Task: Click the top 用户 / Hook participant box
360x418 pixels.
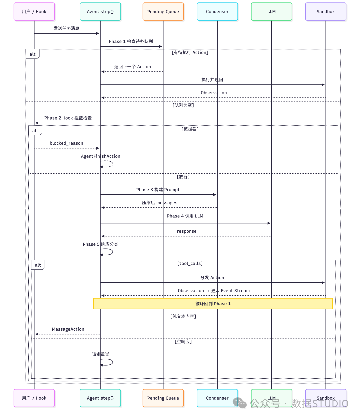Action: point(34,12)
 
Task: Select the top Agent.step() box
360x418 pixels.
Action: point(100,12)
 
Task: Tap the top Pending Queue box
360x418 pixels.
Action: point(163,12)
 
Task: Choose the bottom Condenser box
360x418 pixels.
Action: point(217,398)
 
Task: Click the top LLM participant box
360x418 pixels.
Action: point(271,12)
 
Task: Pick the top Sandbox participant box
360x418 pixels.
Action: point(325,12)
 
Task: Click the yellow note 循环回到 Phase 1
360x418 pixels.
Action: point(213,303)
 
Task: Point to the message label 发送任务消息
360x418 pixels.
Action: point(66,28)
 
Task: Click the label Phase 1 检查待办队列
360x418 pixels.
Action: point(131,41)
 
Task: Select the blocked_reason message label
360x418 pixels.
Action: point(66,143)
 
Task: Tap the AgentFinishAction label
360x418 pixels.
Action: point(100,156)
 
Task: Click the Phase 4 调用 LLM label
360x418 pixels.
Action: point(185,216)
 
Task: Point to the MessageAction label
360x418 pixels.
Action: point(68,329)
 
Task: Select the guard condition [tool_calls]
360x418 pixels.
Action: point(190,263)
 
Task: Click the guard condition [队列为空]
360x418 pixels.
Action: point(183,105)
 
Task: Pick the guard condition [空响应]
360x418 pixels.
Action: point(183,342)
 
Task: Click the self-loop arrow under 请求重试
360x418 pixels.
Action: point(113,362)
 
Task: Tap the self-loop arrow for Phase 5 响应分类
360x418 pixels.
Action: point(113,252)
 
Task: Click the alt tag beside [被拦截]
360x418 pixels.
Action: point(35,131)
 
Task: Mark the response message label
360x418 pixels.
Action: point(186,231)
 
